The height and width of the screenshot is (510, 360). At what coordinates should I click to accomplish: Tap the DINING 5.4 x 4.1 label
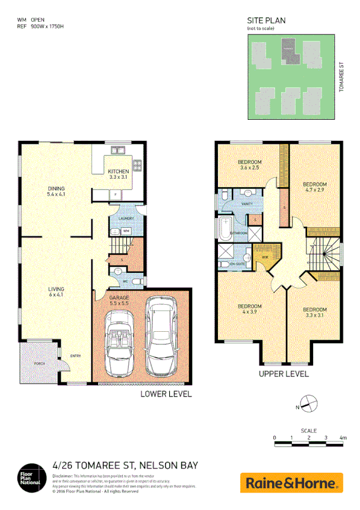[x=56, y=192]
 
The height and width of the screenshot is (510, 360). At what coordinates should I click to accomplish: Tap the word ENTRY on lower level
[x=75, y=355]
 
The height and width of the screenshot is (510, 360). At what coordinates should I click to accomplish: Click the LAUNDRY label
[x=125, y=219]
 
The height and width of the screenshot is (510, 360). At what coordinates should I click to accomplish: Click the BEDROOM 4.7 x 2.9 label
[x=314, y=187]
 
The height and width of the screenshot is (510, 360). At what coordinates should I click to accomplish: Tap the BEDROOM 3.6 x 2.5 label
[x=249, y=165]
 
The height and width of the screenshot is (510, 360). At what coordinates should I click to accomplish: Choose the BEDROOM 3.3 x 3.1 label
[x=315, y=313]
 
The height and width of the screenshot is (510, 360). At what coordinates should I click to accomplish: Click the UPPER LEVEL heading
[x=284, y=373]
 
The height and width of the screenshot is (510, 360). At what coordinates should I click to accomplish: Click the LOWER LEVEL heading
[x=166, y=394]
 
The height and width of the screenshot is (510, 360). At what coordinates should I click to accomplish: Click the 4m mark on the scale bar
[x=343, y=438]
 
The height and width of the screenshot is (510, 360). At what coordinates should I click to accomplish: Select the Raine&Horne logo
[x=291, y=482]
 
